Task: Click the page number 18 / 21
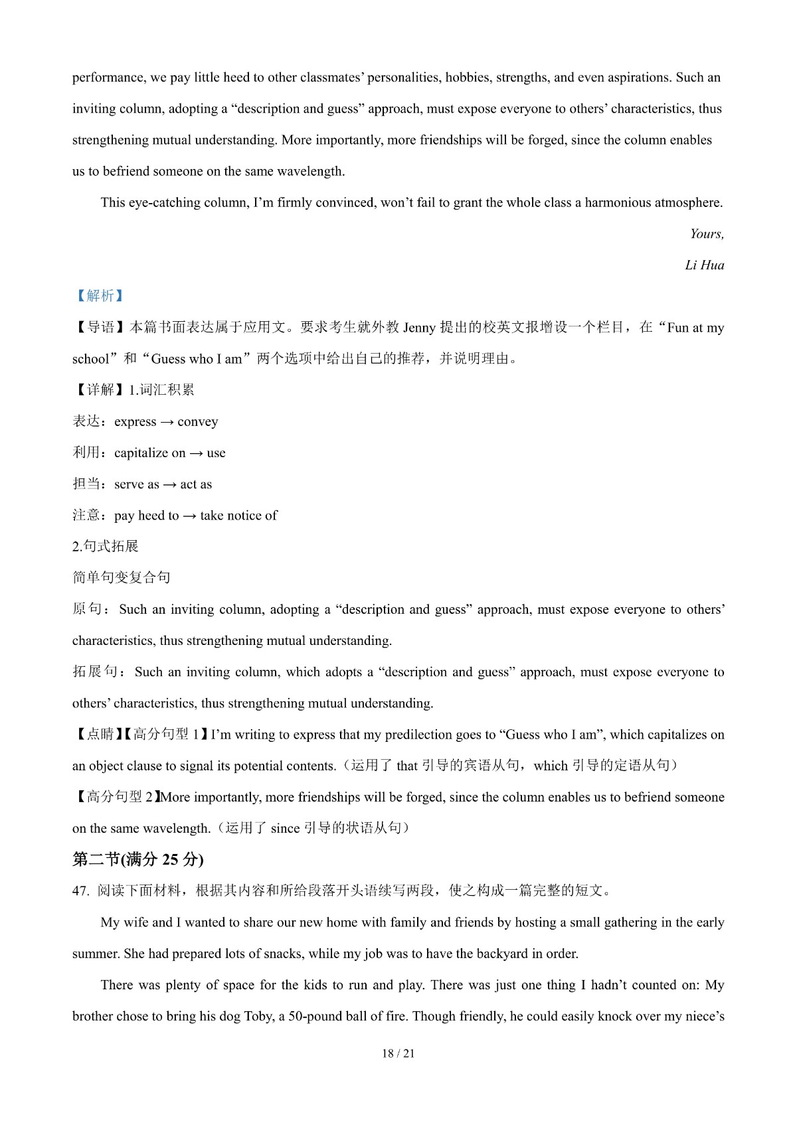point(398,1054)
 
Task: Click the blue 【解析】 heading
point(100,296)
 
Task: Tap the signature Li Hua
point(704,265)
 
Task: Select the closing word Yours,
point(707,234)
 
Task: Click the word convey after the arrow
point(197,422)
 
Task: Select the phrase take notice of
point(238,516)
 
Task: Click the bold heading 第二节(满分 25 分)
point(137,859)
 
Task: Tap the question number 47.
point(80,891)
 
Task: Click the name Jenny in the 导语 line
point(419,328)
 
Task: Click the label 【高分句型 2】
point(116,797)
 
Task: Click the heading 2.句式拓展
point(105,547)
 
